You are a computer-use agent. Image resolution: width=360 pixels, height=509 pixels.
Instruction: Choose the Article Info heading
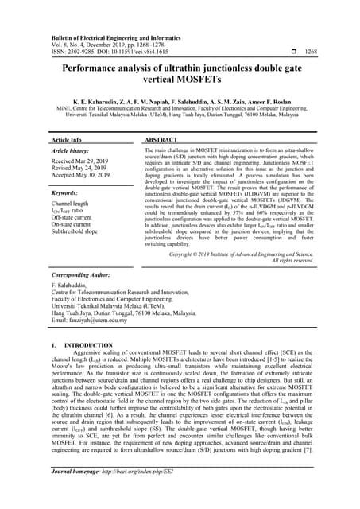point(65,139)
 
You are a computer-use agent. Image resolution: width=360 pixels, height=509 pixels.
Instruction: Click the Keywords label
point(64,192)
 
